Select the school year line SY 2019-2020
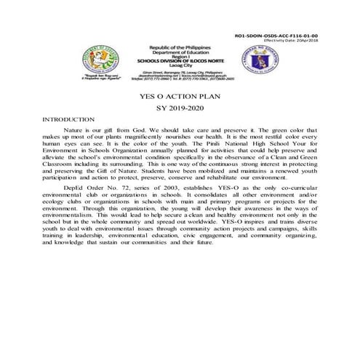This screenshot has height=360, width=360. click(x=180, y=108)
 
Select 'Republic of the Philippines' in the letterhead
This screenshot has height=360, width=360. click(x=179, y=47)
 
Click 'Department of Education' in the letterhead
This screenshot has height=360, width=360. click(x=179, y=51)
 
